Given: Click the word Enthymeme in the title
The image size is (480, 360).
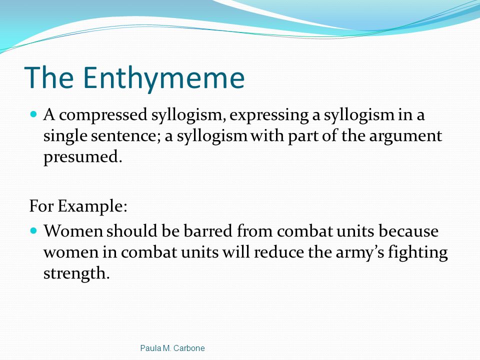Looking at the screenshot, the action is click(x=164, y=78).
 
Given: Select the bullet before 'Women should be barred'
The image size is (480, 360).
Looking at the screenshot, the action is click(x=33, y=230).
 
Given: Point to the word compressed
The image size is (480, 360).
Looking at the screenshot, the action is click(x=103, y=115).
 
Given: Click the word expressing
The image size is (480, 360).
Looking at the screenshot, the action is click(x=269, y=115).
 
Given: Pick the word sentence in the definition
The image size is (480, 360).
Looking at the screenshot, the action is click(x=123, y=136).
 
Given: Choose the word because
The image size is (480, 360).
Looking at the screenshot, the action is click(x=408, y=231).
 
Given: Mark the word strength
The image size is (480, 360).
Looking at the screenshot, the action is click(x=76, y=273).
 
